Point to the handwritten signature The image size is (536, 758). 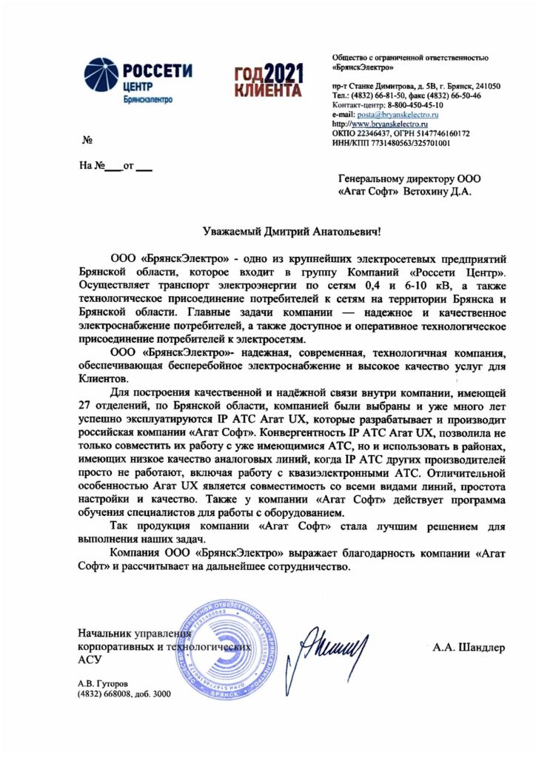pyautogui.click(x=331, y=645)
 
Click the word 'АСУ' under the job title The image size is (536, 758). pyautogui.click(x=90, y=659)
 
